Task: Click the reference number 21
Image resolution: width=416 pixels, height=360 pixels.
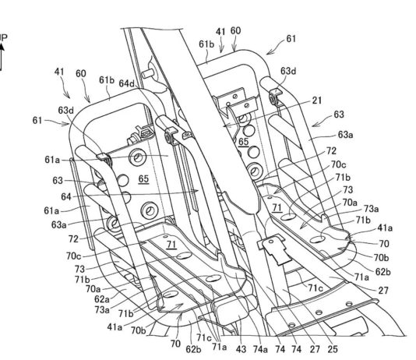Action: click(317, 101)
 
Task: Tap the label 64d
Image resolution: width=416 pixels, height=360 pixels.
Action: click(127, 83)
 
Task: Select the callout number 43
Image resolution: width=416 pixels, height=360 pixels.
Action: click(241, 349)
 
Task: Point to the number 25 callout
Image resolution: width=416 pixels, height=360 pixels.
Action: click(333, 349)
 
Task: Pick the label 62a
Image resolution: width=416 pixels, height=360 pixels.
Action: click(102, 299)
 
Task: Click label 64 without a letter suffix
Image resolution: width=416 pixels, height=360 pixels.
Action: click(66, 196)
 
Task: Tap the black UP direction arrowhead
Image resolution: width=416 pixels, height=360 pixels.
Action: click(2, 47)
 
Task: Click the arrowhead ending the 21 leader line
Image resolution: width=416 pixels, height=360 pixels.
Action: click(225, 125)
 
